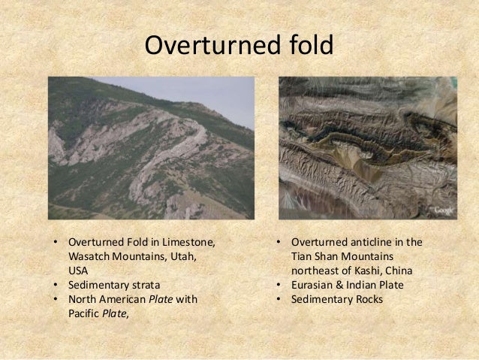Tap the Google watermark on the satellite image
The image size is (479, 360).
442,210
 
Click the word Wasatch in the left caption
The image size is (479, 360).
89,256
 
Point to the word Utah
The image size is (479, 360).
182,256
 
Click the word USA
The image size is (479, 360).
78,271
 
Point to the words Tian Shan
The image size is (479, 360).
317,256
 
